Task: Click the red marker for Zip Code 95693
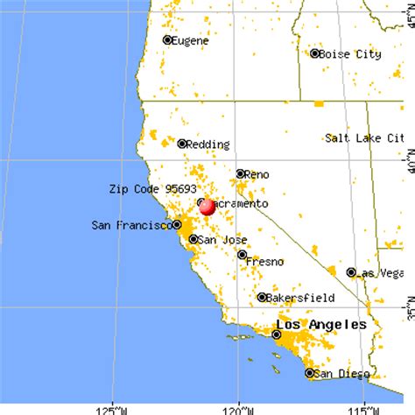click(x=207, y=207)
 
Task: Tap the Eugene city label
click(x=191, y=40)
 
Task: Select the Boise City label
click(x=350, y=54)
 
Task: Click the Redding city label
click(x=208, y=144)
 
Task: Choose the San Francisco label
click(x=131, y=226)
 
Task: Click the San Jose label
click(x=216, y=239)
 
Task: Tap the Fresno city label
click(x=265, y=261)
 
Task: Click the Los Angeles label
click(x=321, y=325)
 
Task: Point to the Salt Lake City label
click(x=365, y=138)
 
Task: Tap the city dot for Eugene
click(x=167, y=40)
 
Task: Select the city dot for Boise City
click(x=315, y=53)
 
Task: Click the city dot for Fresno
click(x=243, y=255)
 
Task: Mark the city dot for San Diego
click(x=309, y=373)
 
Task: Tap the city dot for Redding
click(x=182, y=144)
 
